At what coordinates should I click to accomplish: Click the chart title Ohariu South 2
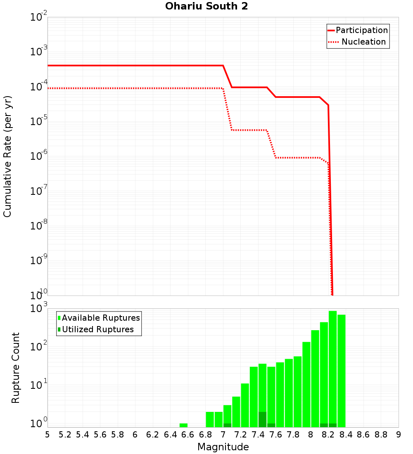pyautogui.click(x=206, y=7)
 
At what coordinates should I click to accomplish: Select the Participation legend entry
pyautogui.click(x=358, y=31)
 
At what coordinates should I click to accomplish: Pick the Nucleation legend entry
pyautogui.click(x=358, y=42)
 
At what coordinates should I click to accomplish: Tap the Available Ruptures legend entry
pyautogui.click(x=99, y=318)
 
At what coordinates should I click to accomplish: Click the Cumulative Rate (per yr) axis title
pyautogui.click(x=7, y=156)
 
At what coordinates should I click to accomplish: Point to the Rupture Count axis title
pyautogui.click(x=16, y=368)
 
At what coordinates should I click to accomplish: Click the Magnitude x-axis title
pyautogui.click(x=223, y=447)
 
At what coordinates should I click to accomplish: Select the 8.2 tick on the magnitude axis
pyautogui.click(x=328, y=435)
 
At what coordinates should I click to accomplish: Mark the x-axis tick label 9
pyautogui.click(x=399, y=435)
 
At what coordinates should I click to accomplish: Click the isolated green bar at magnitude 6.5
pyautogui.click(x=183, y=425)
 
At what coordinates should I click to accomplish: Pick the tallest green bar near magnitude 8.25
pyautogui.click(x=333, y=367)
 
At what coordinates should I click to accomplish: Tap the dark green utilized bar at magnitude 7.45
pyautogui.click(x=262, y=419)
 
